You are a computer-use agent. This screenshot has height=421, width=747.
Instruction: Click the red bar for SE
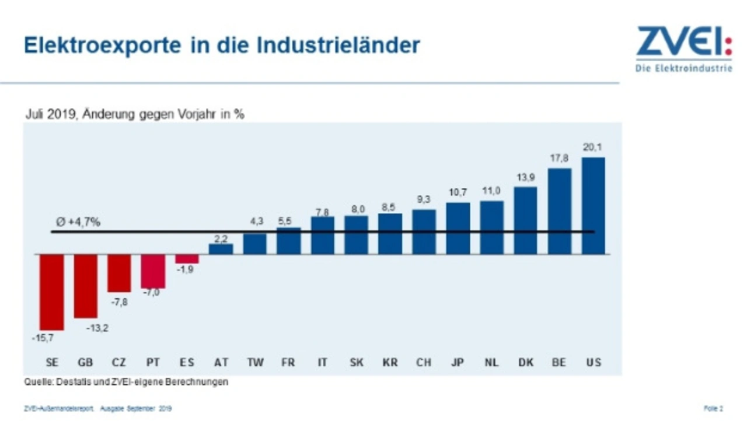pyautogui.click(x=51, y=292)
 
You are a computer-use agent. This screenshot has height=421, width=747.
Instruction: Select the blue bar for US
pyautogui.click(x=593, y=205)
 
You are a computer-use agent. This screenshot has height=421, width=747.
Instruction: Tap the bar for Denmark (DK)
pyautogui.click(x=525, y=220)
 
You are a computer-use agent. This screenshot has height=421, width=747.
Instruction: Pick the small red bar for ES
pyautogui.click(x=187, y=259)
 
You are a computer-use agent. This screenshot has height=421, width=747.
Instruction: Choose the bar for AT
pyautogui.click(x=221, y=249)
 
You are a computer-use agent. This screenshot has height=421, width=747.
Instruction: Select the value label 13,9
pyautogui.click(x=525, y=177)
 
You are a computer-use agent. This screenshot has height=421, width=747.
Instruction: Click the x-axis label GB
pyautogui.click(x=85, y=363)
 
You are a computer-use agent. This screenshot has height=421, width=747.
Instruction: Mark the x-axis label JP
pyautogui.click(x=458, y=363)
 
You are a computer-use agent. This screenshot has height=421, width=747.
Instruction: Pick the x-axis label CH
pyautogui.click(x=424, y=363)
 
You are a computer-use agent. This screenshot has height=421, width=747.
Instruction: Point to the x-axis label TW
pyautogui.click(x=254, y=363)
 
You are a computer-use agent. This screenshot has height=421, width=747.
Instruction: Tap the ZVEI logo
pyautogui.click(x=683, y=49)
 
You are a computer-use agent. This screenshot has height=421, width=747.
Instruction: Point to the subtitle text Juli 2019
pyautogui.click(x=50, y=114)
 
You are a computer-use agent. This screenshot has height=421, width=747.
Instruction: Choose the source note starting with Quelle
pyautogui.click(x=126, y=383)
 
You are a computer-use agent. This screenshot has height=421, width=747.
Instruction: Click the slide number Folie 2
pyautogui.click(x=714, y=408)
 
